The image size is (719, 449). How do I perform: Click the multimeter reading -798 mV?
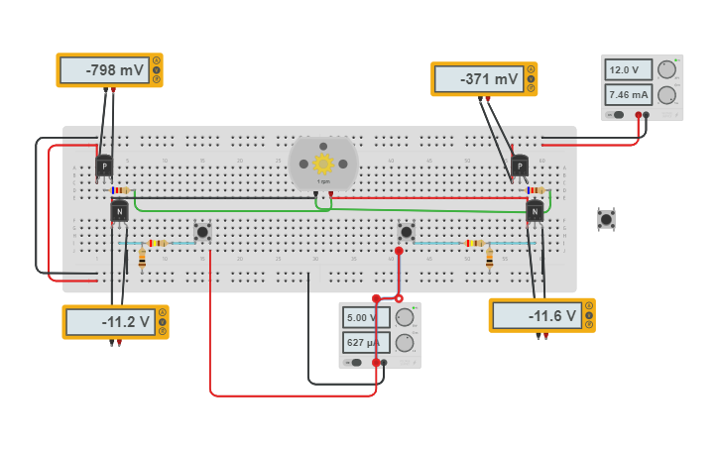tap(102, 70)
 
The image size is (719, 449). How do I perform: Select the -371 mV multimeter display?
tap(477, 79)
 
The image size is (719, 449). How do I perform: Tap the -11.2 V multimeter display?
tap(108, 322)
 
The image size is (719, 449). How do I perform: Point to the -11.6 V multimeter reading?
tap(535, 316)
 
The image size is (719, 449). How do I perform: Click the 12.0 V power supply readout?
tap(628, 70)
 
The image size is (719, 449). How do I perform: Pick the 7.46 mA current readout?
tap(628, 95)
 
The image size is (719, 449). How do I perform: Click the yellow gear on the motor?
tap(323, 164)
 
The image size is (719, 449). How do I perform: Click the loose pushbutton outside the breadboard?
tap(606, 219)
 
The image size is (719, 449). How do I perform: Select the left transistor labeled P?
tap(104, 167)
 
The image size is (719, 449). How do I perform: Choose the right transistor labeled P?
tap(520, 167)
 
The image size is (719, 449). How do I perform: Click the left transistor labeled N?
tap(119, 211)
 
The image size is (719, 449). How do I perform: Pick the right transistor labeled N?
tap(535, 210)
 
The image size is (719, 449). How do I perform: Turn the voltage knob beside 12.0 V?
tap(666, 69)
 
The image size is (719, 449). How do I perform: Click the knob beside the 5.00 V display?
tap(404, 317)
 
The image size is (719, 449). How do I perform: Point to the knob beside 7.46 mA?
tap(666, 95)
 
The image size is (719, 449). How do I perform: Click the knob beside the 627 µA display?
tap(404, 343)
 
